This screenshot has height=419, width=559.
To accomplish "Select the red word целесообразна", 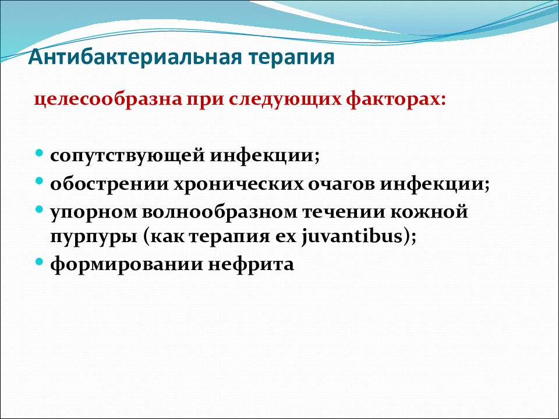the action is pos(108,99).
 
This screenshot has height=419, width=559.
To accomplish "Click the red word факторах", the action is pos(396,100).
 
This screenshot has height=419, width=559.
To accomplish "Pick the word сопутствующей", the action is pos(128,156).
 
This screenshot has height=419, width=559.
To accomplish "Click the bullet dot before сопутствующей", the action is pos(40,154).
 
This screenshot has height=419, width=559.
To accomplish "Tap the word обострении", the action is pos(109,184).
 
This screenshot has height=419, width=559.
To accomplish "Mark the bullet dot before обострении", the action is pos(40,181).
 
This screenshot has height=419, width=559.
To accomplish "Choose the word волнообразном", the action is pos(220,212).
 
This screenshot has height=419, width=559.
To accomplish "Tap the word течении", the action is pos(344,212).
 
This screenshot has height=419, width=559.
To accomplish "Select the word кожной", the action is pos(429,212).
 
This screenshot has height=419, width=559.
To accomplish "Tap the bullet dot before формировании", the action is pos(40,262).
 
